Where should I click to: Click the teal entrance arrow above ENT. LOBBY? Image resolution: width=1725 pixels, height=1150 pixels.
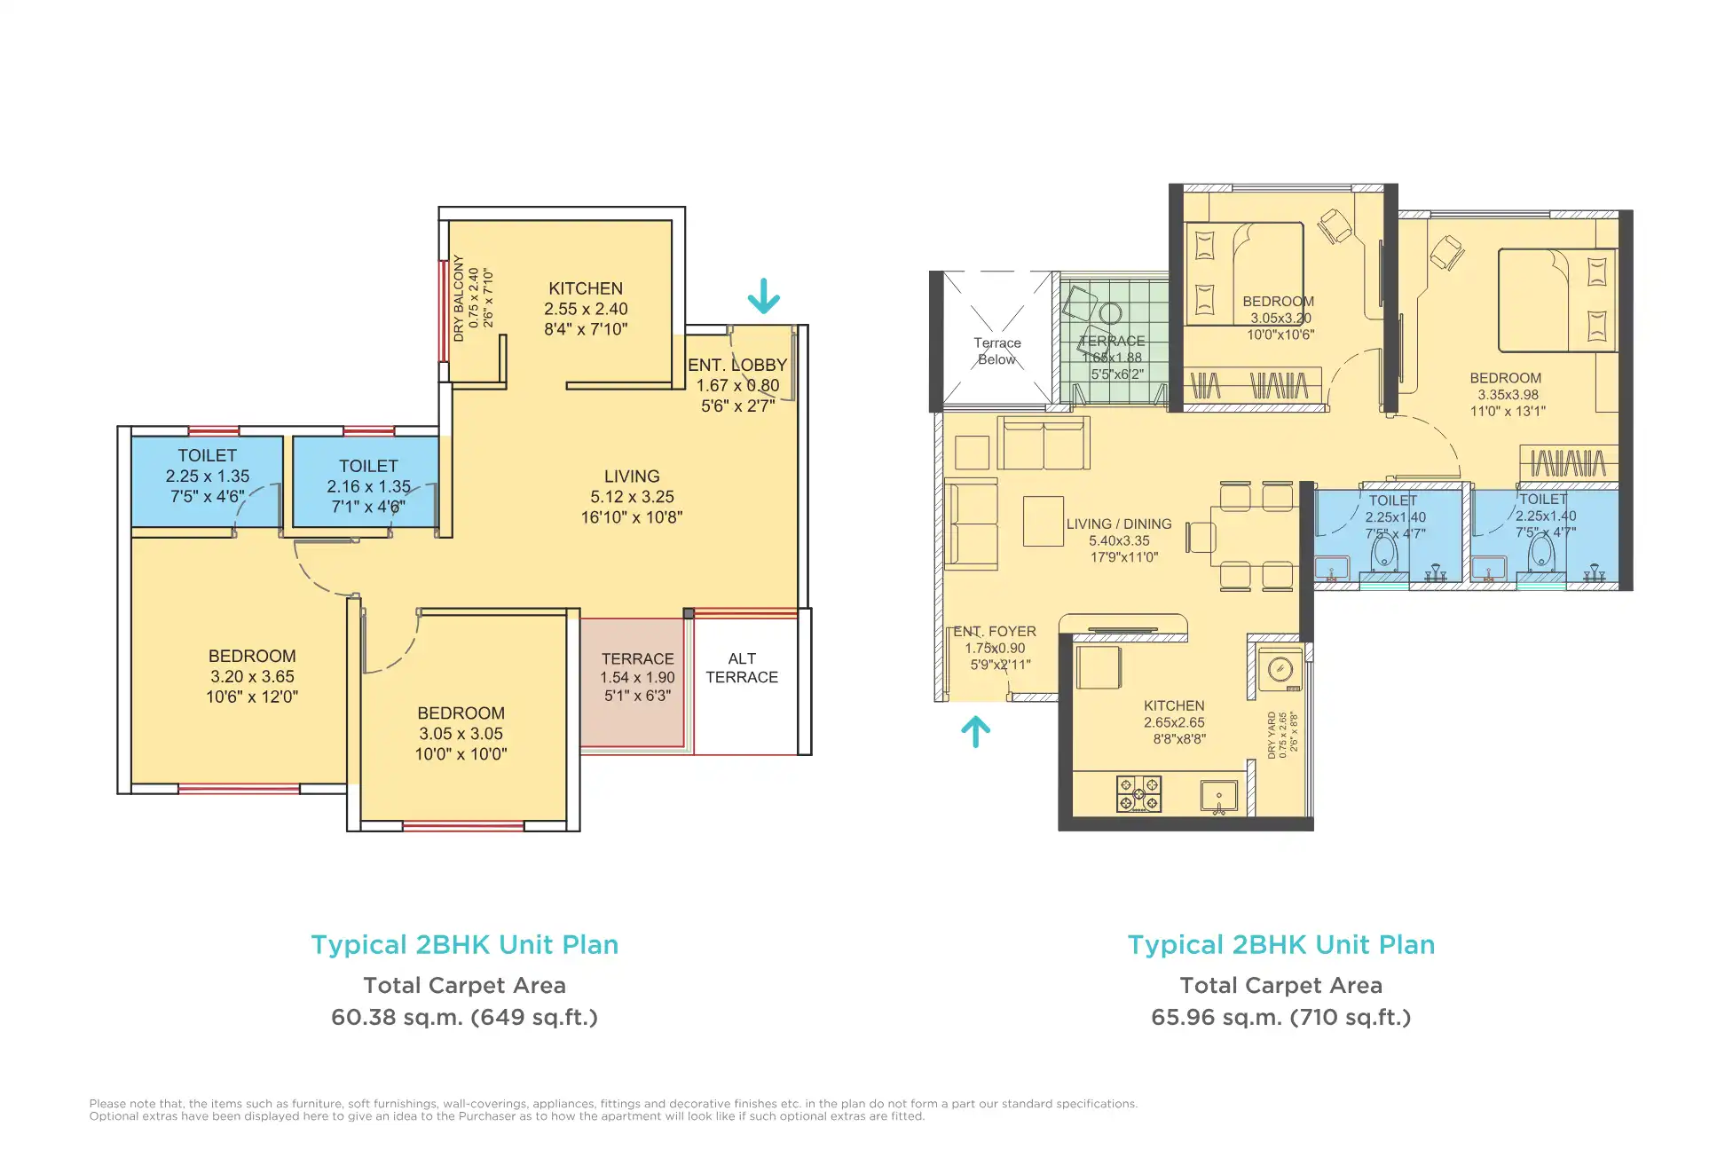click(x=763, y=296)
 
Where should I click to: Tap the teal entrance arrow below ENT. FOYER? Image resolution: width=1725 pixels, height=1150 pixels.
click(x=975, y=732)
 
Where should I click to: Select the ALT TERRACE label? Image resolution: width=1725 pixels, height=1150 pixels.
click(x=742, y=668)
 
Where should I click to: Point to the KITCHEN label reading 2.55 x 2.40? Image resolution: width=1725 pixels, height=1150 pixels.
click(x=586, y=309)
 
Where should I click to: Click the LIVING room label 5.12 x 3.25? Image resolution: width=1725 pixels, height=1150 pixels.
click(x=632, y=497)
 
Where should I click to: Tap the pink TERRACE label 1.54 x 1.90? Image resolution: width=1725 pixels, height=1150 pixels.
click(x=637, y=677)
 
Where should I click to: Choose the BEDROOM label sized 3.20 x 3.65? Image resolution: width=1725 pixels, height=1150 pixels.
click(x=252, y=676)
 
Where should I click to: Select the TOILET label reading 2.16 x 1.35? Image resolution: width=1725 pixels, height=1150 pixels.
click(x=368, y=485)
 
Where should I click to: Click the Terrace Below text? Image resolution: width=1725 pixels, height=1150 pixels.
click(x=996, y=351)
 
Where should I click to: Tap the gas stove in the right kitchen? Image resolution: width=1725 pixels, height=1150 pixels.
click(x=1138, y=794)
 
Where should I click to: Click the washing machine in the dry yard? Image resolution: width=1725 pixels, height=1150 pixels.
click(x=1280, y=670)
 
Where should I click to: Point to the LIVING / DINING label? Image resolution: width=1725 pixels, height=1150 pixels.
click(x=1119, y=540)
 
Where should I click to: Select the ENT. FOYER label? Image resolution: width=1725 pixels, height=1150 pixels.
click(x=995, y=648)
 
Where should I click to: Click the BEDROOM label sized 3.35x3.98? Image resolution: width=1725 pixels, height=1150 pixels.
click(x=1507, y=394)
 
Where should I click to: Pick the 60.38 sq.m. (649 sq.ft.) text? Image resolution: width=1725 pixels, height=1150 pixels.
click(x=464, y=1017)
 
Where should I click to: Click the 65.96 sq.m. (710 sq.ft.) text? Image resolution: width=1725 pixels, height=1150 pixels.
click(x=1280, y=1017)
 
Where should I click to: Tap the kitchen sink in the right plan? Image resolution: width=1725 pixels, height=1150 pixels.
click(x=1218, y=796)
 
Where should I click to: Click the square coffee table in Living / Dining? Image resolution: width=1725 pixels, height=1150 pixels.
click(x=1043, y=521)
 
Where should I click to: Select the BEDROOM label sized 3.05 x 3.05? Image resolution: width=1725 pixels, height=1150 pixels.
click(x=461, y=734)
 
